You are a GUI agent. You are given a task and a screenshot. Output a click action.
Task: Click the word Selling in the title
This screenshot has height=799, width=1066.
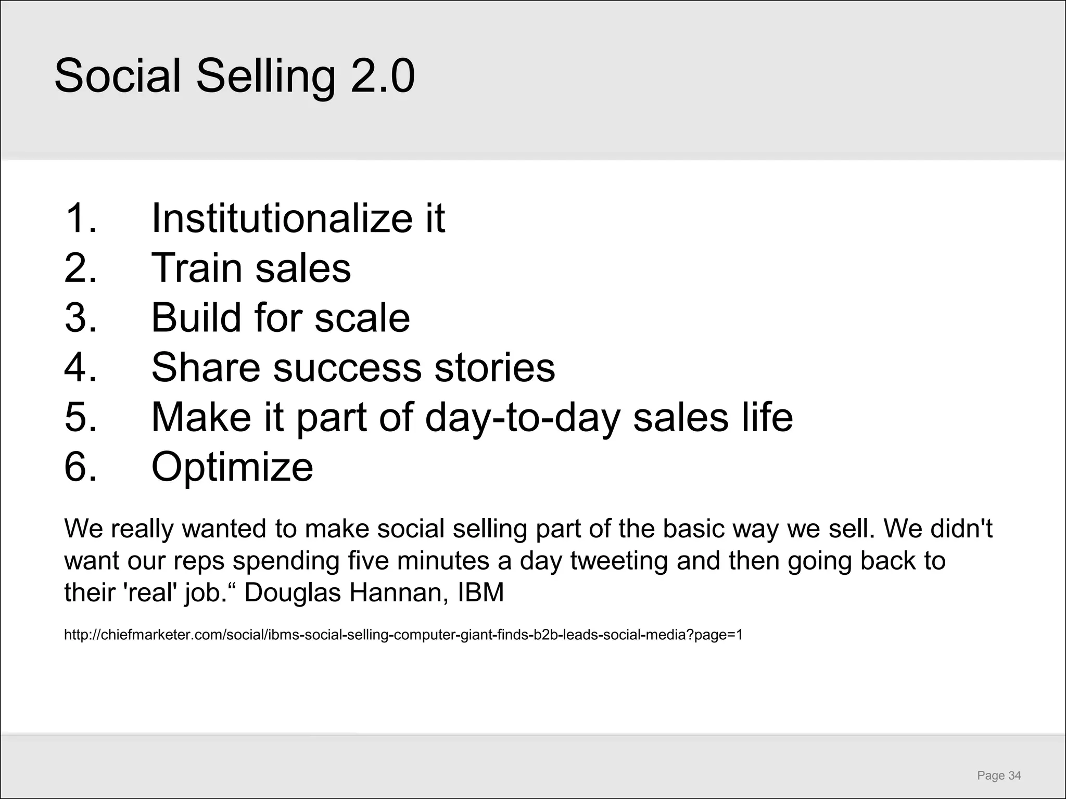[265, 77]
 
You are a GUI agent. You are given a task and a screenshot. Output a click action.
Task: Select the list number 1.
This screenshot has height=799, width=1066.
[81, 218]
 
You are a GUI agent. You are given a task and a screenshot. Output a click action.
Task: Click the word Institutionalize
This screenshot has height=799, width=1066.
[276, 218]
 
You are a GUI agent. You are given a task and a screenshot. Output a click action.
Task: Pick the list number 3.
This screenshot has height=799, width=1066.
[81, 317]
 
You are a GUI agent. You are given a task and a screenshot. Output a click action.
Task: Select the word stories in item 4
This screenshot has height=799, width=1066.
[494, 367]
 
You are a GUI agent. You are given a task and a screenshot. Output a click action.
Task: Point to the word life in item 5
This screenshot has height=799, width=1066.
[767, 417]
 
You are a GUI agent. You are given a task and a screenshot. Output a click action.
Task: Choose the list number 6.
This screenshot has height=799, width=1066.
[81, 466]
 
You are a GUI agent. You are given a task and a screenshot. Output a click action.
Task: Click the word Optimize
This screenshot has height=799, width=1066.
[232, 467]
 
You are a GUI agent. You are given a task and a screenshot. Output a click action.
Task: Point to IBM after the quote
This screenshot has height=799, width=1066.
[481, 593]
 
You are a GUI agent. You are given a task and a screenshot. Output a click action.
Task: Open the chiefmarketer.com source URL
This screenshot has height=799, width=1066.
[403, 635]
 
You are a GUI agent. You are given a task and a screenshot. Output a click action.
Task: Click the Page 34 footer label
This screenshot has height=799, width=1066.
[999, 761]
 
